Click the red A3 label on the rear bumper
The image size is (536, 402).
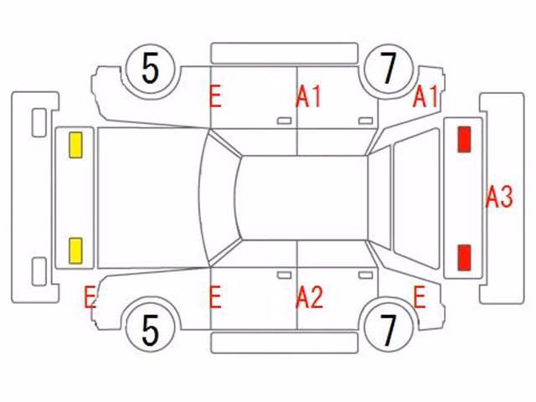499,197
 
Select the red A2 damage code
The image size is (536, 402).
309,297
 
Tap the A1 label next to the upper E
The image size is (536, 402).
308,97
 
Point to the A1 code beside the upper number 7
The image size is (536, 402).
425,96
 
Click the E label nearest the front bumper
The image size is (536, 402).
90,297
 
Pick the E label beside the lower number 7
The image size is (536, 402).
420,297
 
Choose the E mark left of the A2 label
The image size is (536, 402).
215,297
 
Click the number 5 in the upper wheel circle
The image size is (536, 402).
150,70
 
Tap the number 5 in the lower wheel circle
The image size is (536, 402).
150,331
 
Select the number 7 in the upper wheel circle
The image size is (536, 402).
389,69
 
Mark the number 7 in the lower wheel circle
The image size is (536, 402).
389,330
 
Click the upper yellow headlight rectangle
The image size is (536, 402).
75,145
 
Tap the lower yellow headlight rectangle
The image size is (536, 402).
75,251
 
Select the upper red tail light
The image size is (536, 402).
464,139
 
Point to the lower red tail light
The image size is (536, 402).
464,258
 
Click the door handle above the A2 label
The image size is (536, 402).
284,276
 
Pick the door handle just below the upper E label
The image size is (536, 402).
284,121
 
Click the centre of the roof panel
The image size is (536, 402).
302,198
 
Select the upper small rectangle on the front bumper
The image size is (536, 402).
39,123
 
